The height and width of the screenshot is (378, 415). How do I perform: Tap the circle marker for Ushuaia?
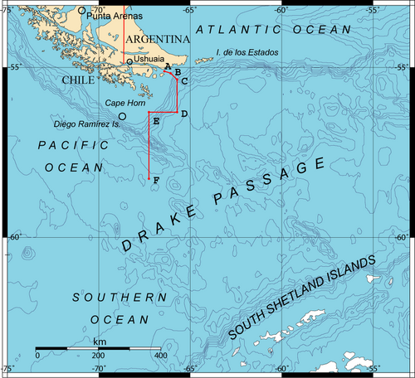(129, 61)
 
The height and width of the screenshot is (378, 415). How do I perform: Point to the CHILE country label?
(80, 80)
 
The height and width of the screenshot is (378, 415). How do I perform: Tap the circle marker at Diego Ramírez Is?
(122, 116)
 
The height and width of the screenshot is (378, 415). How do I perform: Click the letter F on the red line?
(157, 181)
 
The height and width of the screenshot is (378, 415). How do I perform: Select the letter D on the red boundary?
(183, 114)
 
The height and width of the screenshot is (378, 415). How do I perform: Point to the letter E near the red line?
(155, 122)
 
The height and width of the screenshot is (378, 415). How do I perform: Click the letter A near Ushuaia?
(168, 65)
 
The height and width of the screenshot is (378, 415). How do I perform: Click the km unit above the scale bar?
(99, 342)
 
